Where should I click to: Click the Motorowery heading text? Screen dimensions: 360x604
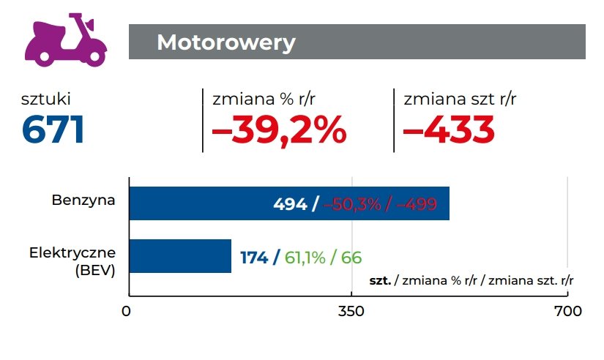[225, 42]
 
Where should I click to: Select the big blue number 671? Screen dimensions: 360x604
[53, 130]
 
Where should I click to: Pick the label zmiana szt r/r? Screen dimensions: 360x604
[455, 99]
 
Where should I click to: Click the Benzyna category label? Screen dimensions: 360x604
[83, 199]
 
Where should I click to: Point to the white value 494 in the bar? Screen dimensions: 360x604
[290, 204]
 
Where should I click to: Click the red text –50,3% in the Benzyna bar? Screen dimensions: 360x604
[352, 204]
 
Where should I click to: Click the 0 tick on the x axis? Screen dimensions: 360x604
[127, 311]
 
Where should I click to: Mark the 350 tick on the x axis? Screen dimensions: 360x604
[352, 311]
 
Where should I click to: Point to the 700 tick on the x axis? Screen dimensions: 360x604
[567, 311]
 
